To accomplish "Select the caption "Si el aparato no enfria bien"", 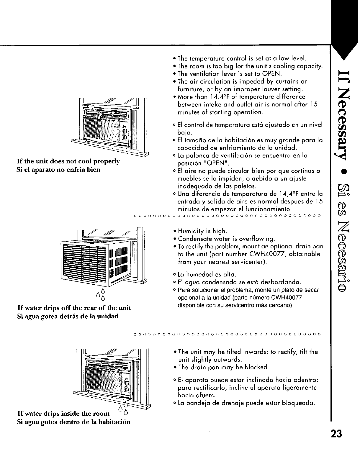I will point(58,169).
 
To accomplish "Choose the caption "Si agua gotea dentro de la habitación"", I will point(74,421).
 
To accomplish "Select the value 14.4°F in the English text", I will point(216,97).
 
